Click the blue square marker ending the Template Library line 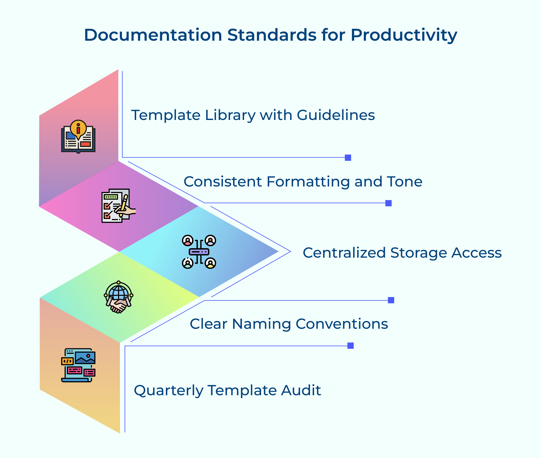point(348,158)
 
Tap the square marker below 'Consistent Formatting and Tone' point(388,203)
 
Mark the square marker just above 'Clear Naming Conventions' point(391,300)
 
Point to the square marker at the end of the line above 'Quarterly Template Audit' point(350,346)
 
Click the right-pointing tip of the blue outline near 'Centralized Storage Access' point(291,251)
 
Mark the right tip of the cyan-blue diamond point(278,251)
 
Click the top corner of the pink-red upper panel point(118,70)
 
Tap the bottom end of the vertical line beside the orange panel point(125,432)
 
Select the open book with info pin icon point(78,137)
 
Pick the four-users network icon point(199,252)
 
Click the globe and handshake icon point(119,297)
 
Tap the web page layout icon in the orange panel point(78,365)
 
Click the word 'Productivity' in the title point(404,35)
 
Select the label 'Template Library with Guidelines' point(253,115)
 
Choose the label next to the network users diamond point(402,253)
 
